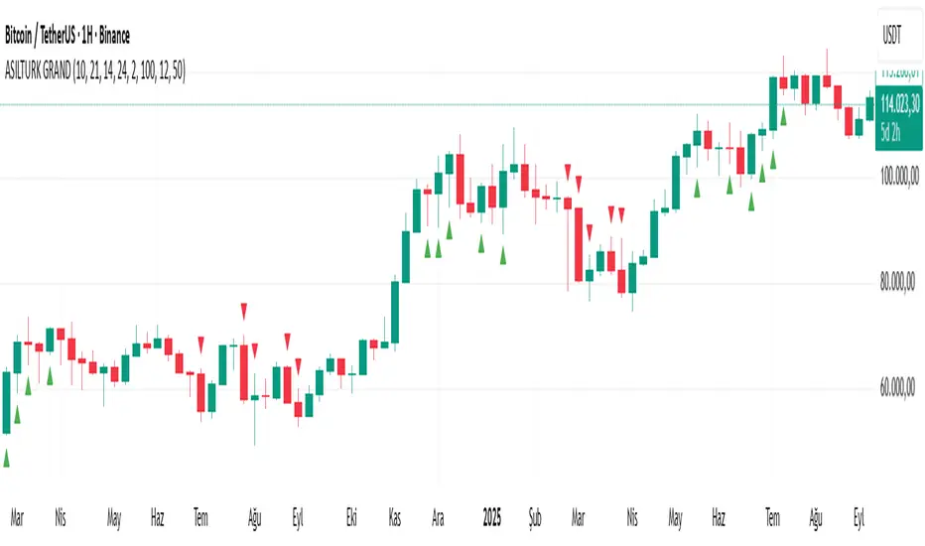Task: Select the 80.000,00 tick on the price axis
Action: pos(901,284)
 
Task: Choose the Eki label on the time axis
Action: pos(350,517)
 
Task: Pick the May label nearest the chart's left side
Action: pos(114,517)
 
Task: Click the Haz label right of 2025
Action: pos(721,517)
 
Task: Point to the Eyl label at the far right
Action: pos(859,517)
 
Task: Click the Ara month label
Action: pos(438,517)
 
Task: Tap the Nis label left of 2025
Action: pos(62,517)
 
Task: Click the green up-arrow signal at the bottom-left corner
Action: pos(7,458)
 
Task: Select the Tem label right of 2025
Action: pos(771,517)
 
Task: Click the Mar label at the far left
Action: pos(17,517)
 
